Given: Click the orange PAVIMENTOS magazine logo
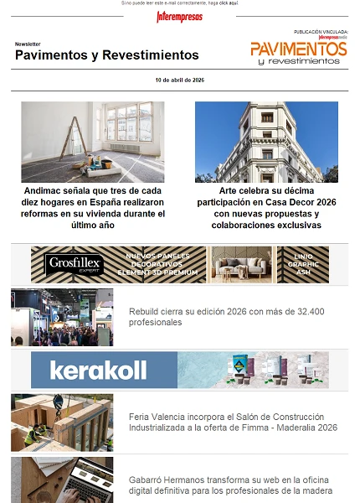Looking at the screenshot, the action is (298, 49).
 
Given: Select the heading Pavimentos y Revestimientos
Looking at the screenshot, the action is (107, 55).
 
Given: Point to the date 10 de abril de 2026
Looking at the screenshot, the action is (180, 80).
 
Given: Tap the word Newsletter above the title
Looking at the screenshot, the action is (28, 43).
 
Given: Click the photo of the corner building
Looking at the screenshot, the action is (266, 142).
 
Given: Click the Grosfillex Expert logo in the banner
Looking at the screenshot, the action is (75, 264).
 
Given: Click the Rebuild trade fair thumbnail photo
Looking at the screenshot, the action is (62, 318).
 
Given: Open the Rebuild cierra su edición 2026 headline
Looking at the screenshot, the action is (226, 317).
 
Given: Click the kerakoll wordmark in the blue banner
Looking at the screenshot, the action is (98, 370).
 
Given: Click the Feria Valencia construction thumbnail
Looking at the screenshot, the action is (62, 423).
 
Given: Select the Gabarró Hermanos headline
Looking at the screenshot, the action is (230, 485).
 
